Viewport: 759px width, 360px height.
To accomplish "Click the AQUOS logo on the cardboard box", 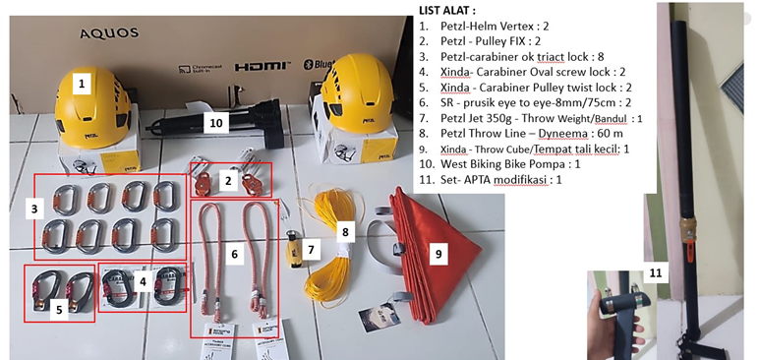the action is (x=109, y=33).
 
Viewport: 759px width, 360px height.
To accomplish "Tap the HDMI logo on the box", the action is (x=263, y=66).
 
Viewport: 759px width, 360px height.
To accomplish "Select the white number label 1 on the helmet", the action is (x=82, y=84).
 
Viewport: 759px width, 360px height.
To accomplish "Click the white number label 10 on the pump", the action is (x=216, y=123).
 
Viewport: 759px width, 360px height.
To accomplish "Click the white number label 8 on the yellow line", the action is (x=345, y=232).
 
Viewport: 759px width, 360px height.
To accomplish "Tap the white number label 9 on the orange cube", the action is (x=438, y=254).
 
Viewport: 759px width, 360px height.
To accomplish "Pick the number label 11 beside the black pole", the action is (x=655, y=273).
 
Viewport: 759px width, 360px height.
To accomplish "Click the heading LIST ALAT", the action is (x=445, y=11).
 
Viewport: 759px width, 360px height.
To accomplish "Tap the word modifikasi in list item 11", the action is (x=519, y=180).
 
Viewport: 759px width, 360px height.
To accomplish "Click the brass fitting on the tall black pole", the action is (x=687, y=228).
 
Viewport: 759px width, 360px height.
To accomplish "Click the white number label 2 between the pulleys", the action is (x=228, y=182).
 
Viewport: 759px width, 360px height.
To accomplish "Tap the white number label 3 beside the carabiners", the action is (x=34, y=210).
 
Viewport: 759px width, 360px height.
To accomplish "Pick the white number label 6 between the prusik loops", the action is (x=234, y=254).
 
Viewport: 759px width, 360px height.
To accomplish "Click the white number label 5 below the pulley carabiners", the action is (x=59, y=310).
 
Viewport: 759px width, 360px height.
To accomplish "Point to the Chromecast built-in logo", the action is (x=200, y=69).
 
